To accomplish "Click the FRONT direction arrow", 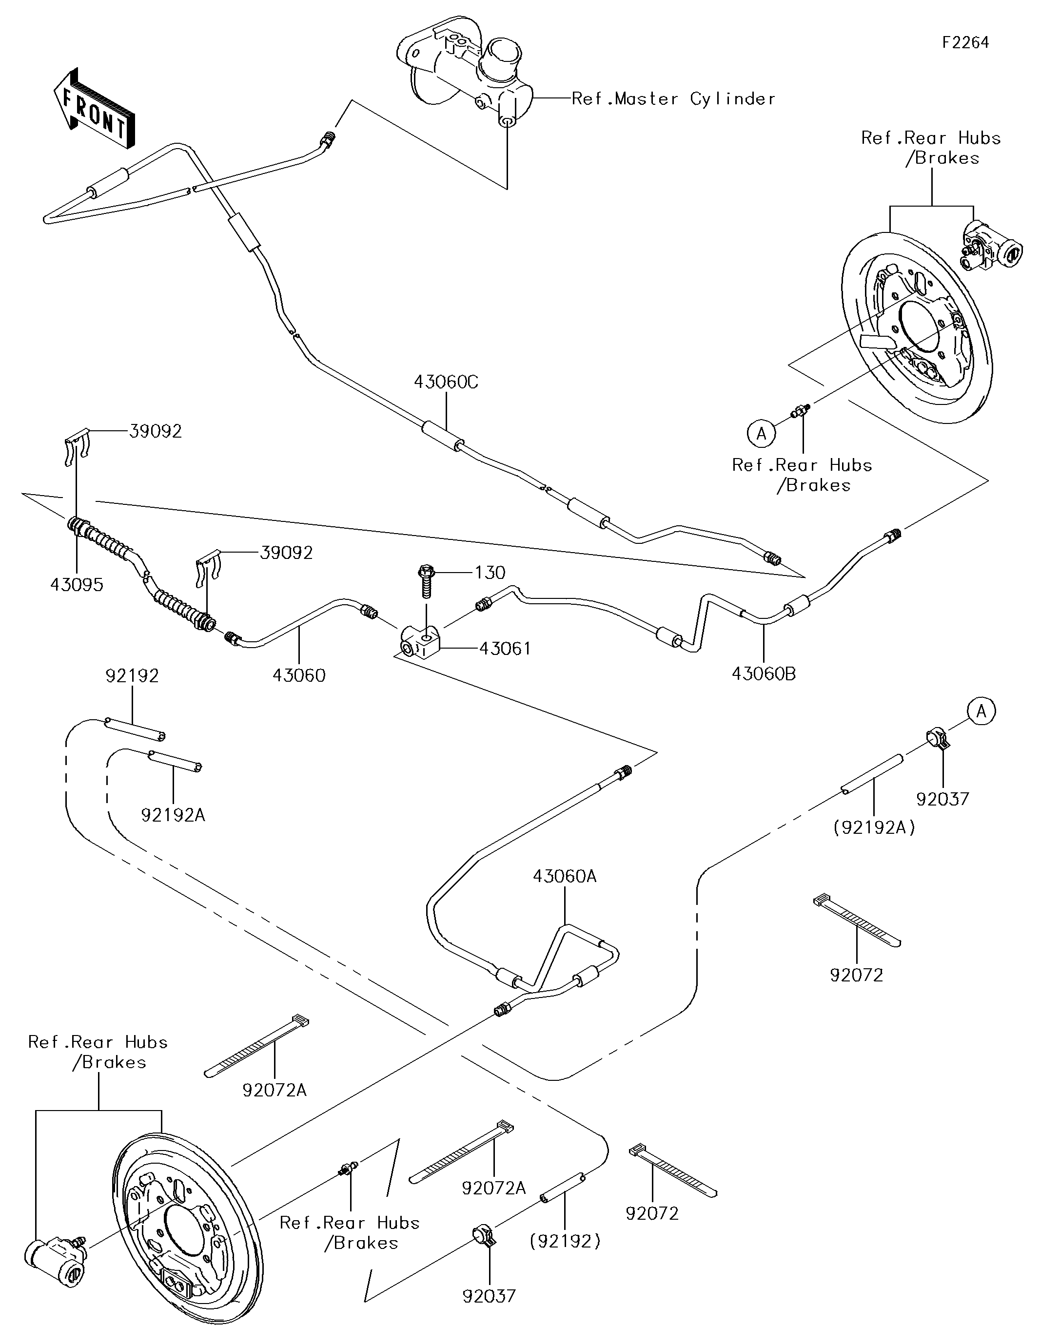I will (x=94, y=108).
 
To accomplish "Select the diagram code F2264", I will (x=965, y=42).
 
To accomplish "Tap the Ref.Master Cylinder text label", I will (x=673, y=99).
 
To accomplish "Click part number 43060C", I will (x=446, y=383).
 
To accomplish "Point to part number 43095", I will (x=77, y=585).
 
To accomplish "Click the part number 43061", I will (x=505, y=648).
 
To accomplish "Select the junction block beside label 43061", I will (x=420, y=642).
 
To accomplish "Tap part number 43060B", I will (x=763, y=674).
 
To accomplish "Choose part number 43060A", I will (x=564, y=876).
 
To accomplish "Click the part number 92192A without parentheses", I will (x=173, y=815).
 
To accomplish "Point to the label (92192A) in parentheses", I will (x=874, y=828).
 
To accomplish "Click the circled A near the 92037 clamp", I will (x=981, y=711).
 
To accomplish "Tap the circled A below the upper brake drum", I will (x=761, y=434).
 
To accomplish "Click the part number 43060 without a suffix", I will (x=299, y=675).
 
